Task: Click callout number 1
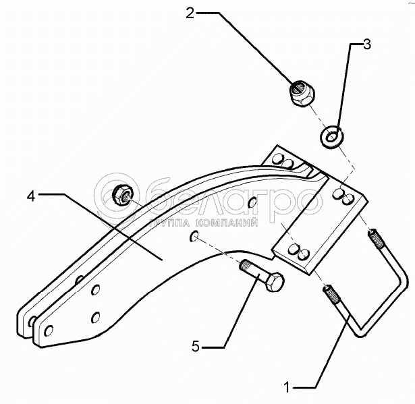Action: (288, 387)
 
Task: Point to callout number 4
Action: (31, 196)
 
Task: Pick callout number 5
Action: (195, 347)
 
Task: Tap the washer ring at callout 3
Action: (330, 136)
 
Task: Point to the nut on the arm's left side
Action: (122, 194)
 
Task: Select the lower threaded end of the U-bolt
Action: (334, 295)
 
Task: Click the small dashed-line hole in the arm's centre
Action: (194, 236)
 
